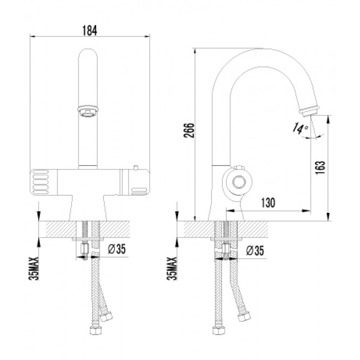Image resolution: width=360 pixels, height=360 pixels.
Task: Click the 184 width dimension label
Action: [90, 30]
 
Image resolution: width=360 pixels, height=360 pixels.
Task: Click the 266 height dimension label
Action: [189, 130]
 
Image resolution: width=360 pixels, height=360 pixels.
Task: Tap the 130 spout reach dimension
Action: [268, 202]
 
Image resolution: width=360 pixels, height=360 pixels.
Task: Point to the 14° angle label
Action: [300, 129]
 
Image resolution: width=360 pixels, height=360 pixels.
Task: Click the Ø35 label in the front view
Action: [117, 248]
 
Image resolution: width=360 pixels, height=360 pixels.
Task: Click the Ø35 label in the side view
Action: [255, 250]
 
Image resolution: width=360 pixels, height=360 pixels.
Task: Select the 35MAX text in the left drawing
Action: [33, 269]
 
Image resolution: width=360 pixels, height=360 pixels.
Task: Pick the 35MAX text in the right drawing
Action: [172, 269]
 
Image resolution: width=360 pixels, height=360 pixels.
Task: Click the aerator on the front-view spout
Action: [88, 111]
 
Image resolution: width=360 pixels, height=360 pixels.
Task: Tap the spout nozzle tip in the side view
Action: [309, 111]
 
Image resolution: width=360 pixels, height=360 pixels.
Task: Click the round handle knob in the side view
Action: [239, 182]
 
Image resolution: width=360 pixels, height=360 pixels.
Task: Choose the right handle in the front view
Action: [135, 182]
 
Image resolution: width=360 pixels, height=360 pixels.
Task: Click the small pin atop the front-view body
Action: [136, 168]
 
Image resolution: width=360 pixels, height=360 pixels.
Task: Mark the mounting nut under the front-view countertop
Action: [85, 249]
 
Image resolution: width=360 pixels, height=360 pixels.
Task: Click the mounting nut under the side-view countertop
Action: [226, 249]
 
